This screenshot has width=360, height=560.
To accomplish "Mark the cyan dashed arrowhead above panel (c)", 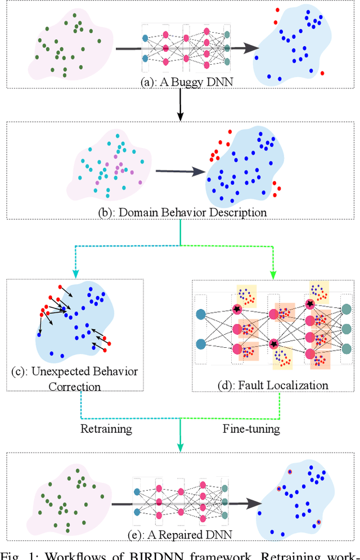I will point(75,274).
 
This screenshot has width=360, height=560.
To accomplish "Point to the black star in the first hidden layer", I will point(237,308).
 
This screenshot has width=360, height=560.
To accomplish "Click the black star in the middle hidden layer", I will point(274,343).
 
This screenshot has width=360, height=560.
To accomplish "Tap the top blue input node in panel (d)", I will point(201,315).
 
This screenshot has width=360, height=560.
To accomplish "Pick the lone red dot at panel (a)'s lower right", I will point(322,73).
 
